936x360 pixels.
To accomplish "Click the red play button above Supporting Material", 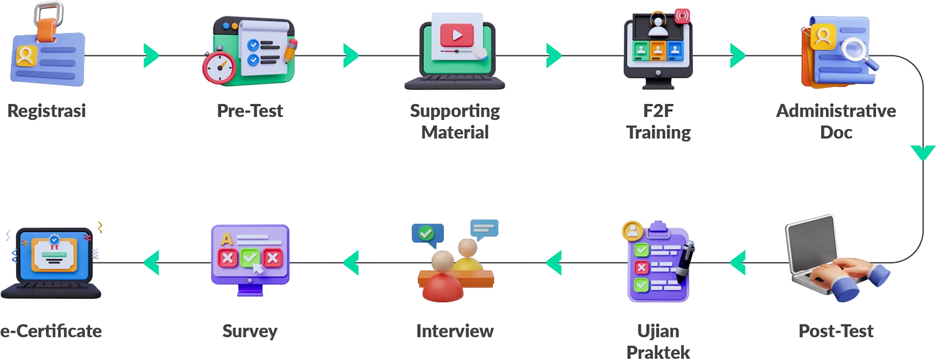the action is [x=457, y=35].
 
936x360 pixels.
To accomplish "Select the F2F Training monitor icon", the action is [x=658, y=49].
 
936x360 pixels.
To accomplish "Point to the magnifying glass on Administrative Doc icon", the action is [x=857, y=53].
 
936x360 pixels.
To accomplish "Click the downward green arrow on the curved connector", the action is [x=923, y=153].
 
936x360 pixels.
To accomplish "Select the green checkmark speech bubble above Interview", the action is [x=427, y=235].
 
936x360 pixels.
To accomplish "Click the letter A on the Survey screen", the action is [x=227, y=240].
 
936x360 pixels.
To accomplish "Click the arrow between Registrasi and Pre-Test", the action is [x=151, y=56].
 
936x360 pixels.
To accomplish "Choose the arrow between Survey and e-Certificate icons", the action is [x=151, y=263].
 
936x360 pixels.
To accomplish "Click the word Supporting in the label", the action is [x=455, y=112].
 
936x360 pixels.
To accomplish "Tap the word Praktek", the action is [x=658, y=352].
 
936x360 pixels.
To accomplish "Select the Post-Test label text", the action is [x=836, y=331].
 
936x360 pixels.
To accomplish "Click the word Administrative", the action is [x=836, y=110].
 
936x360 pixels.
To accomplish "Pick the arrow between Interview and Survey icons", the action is [x=351, y=263].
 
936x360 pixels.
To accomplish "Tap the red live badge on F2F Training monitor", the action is [x=683, y=16].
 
